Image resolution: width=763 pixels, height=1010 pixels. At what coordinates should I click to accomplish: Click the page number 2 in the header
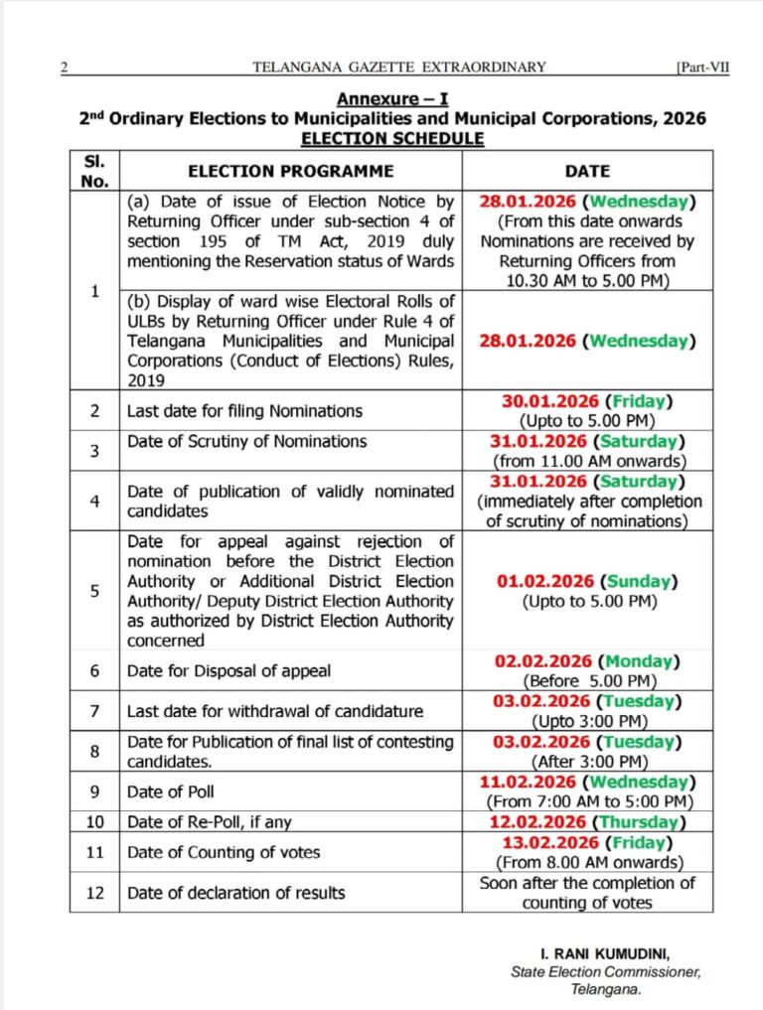[x=64, y=68]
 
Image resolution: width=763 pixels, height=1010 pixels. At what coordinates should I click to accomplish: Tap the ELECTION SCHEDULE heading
[x=392, y=138]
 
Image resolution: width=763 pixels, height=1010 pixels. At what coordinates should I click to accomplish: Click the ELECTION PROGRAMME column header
[x=291, y=171]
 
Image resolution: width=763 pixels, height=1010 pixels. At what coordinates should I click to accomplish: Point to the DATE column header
[x=587, y=171]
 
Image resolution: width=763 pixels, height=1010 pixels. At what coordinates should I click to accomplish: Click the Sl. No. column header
[x=94, y=171]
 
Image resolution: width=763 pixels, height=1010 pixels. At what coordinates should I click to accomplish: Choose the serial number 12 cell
[x=94, y=893]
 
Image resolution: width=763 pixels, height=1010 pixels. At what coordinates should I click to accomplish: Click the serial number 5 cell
[x=94, y=591]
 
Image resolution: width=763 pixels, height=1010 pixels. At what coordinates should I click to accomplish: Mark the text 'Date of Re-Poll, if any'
[x=212, y=822]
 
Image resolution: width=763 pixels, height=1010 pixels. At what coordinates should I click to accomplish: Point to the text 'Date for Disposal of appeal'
[x=229, y=671]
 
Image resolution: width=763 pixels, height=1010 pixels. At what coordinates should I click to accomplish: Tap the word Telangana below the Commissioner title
[x=605, y=990]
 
